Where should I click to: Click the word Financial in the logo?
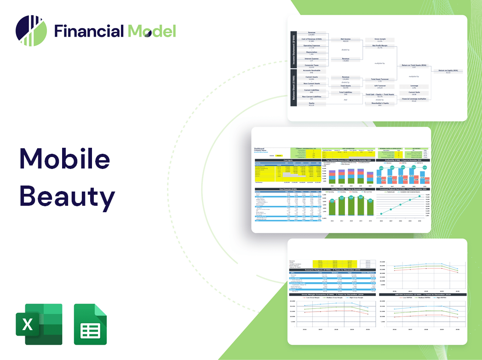pos(89,31)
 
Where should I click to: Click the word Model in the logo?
pos(151,31)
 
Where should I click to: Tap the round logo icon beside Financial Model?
pos(31,30)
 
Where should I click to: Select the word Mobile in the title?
pos(65,159)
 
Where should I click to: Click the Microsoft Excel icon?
pos(39,324)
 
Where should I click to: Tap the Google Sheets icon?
pos(90,324)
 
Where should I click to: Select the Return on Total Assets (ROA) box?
pos(414,66)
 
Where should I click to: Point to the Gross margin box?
pos(380,40)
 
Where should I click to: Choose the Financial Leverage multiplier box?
pos(414,99)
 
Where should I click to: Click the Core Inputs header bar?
pos(288,160)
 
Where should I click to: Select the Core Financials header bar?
pos(288,189)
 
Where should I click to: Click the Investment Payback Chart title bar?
pos(403,189)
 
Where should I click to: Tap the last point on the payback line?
pos(419,197)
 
